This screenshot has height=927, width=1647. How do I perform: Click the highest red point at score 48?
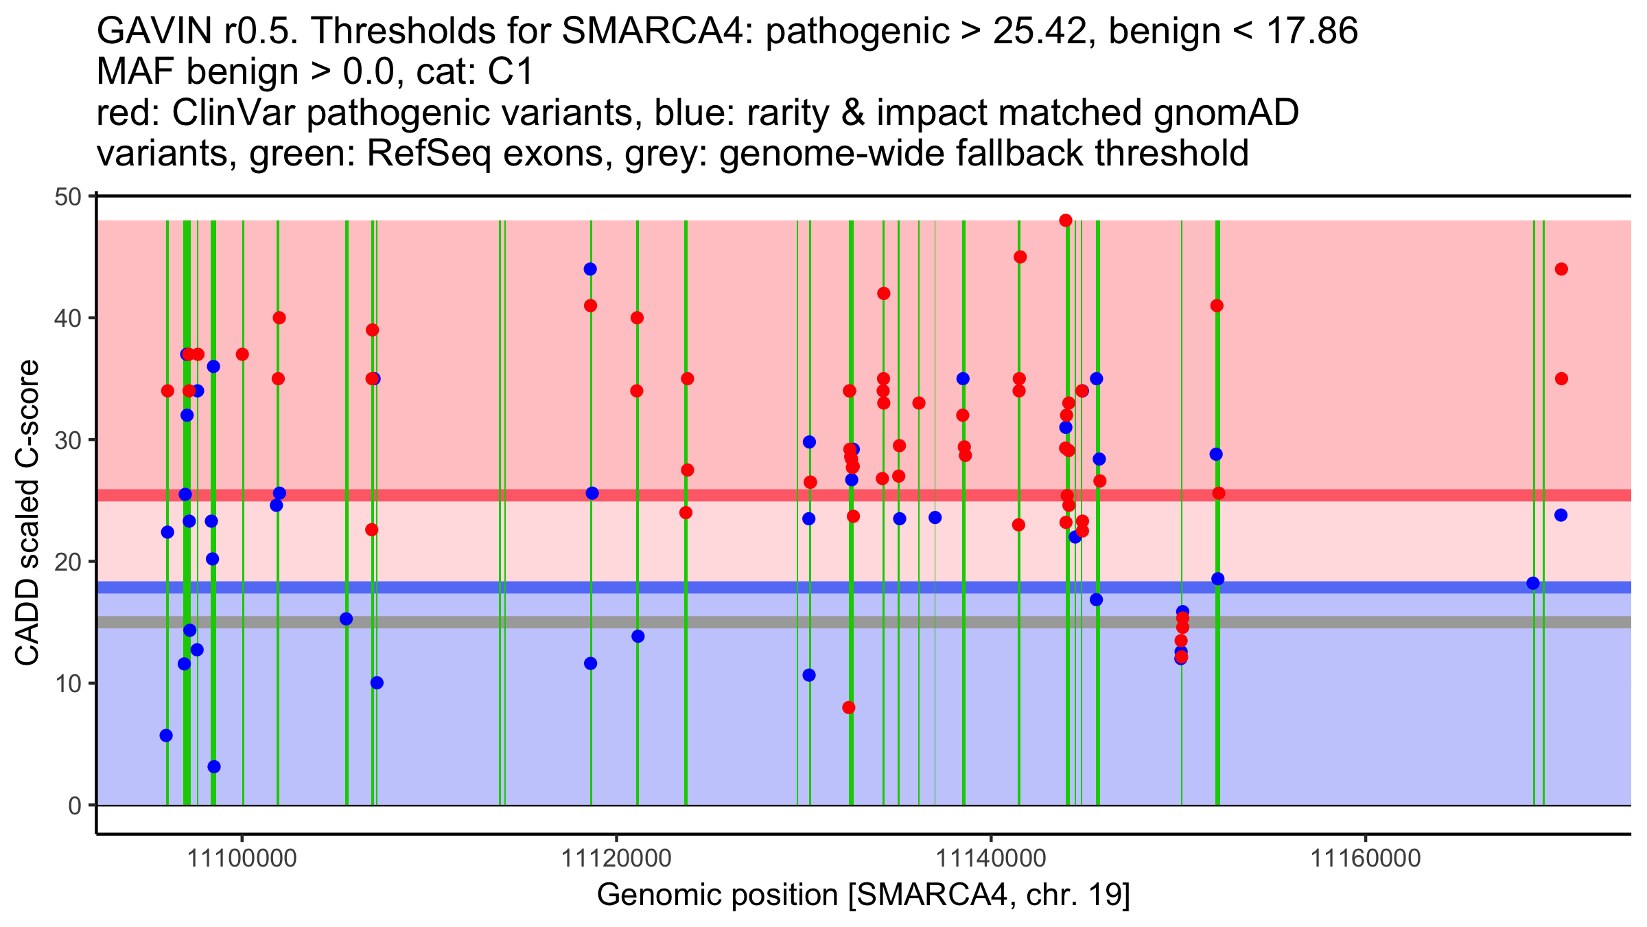pyautogui.click(x=1066, y=220)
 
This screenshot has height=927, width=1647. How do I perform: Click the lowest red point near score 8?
pyautogui.click(x=849, y=707)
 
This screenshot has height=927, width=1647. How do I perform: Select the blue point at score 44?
pyautogui.click(x=590, y=269)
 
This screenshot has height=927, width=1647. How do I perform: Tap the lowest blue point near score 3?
pyautogui.click(x=214, y=766)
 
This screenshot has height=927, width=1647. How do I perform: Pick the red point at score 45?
pyautogui.click(x=1020, y=257)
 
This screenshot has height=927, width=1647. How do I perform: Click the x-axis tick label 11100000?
pyautogui.click(x=242, y=858)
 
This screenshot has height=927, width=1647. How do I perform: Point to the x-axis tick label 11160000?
pyautogui.click(x=1366, y=858)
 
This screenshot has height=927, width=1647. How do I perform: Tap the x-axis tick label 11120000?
pyautogui.click(x=617, y=858)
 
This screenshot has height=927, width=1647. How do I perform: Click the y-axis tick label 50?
pyautogui.click(x=67, y=198)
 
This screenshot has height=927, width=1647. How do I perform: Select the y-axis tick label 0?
pyautogui.click(x=74, y=805)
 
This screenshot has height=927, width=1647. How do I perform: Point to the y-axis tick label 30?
pyautogui.click(x=67, y=440)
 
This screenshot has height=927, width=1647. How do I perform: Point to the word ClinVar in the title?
pyautogui.click(x=234, y=113)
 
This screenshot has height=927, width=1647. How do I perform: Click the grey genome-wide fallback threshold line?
pyautogui.click(x=686, y=622)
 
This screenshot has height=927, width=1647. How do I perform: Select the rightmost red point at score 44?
pyautogui.click(x=1561, y=269)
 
